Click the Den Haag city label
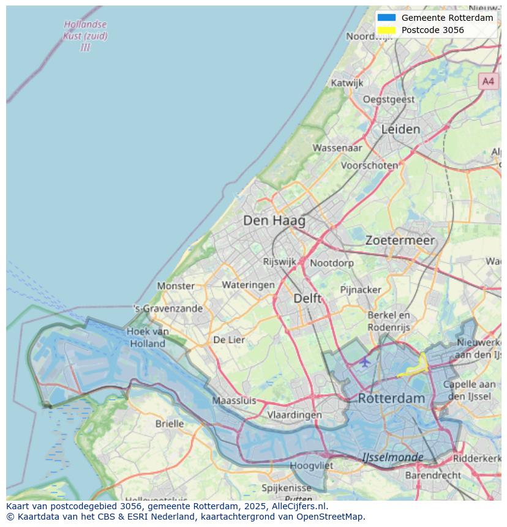[274, 220]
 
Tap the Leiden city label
[400, 129]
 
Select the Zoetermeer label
[400, 241]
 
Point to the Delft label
[307, 298]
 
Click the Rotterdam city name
[391, 398]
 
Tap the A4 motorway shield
[487, 81]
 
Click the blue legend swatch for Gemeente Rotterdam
[387, 18]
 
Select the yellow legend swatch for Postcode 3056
[387, 30]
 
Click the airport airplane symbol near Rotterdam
[365, 362]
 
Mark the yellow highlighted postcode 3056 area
[416, 367]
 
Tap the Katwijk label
[347, 83]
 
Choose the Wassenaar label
[337, 148]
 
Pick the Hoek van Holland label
[148, 337]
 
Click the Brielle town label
[170, 424]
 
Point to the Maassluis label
[234, 401]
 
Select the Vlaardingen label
[295, 414]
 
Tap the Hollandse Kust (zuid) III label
[85, 36]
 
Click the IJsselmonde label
[392, 457]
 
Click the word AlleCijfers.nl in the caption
[301, 506]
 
